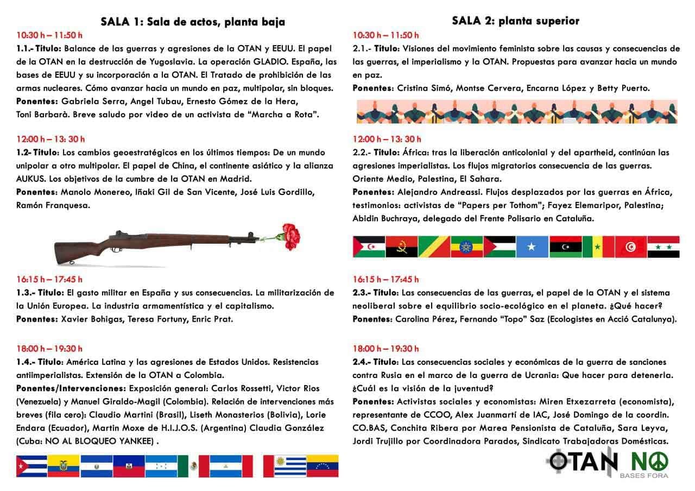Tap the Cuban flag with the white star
[31, 466]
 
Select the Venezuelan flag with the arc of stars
[323, 466]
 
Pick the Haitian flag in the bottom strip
[129, 466]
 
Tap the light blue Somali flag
[532, 247]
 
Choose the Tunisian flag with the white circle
[631, 247]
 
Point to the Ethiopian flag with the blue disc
[466, 247]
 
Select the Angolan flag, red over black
[401, 247]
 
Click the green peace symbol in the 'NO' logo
[659, 462]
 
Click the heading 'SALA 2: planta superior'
[515, 21]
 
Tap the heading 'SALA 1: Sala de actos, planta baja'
[193, 22]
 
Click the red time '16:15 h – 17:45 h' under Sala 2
[386, 279]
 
